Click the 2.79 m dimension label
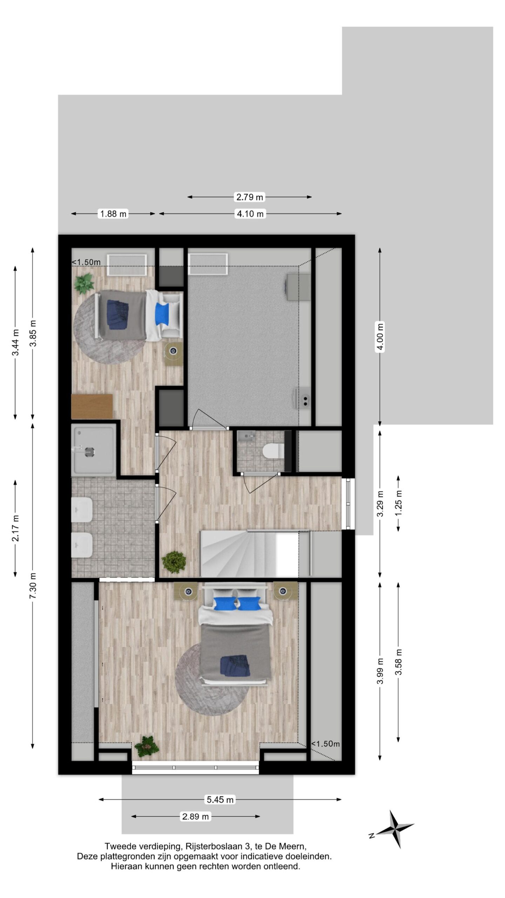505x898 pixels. click(249, 197)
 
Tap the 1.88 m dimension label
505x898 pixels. click(113, 214)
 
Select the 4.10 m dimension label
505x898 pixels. click(250, 214)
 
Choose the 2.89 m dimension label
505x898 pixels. click(195, 817)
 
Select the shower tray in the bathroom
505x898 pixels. click(93, 450)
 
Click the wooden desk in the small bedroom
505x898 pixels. click(92, 406)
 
